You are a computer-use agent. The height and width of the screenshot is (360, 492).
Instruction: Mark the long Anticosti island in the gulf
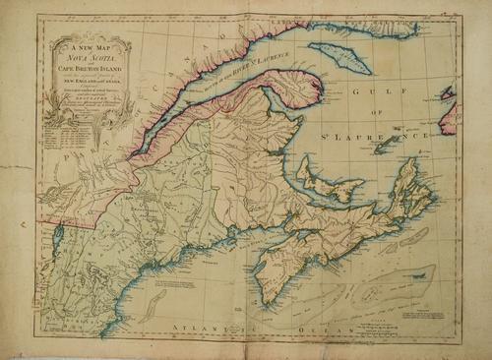[339, 56]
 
